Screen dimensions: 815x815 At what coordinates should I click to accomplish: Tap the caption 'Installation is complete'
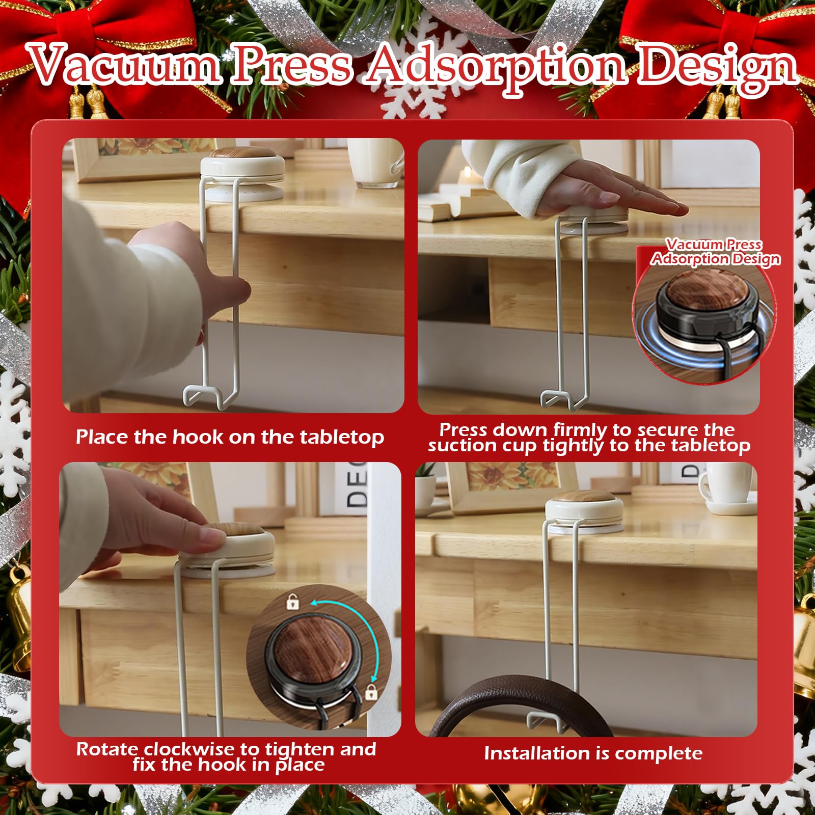click(x=593, y=753)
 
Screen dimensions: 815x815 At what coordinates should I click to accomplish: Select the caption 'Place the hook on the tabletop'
click(x=230, y=438)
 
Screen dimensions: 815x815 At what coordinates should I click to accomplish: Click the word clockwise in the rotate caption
click(x=191, y=749)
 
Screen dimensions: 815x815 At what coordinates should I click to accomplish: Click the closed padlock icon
click(x=371, y=692)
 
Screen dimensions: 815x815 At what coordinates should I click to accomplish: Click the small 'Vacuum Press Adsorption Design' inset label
click(x=715, y=252)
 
